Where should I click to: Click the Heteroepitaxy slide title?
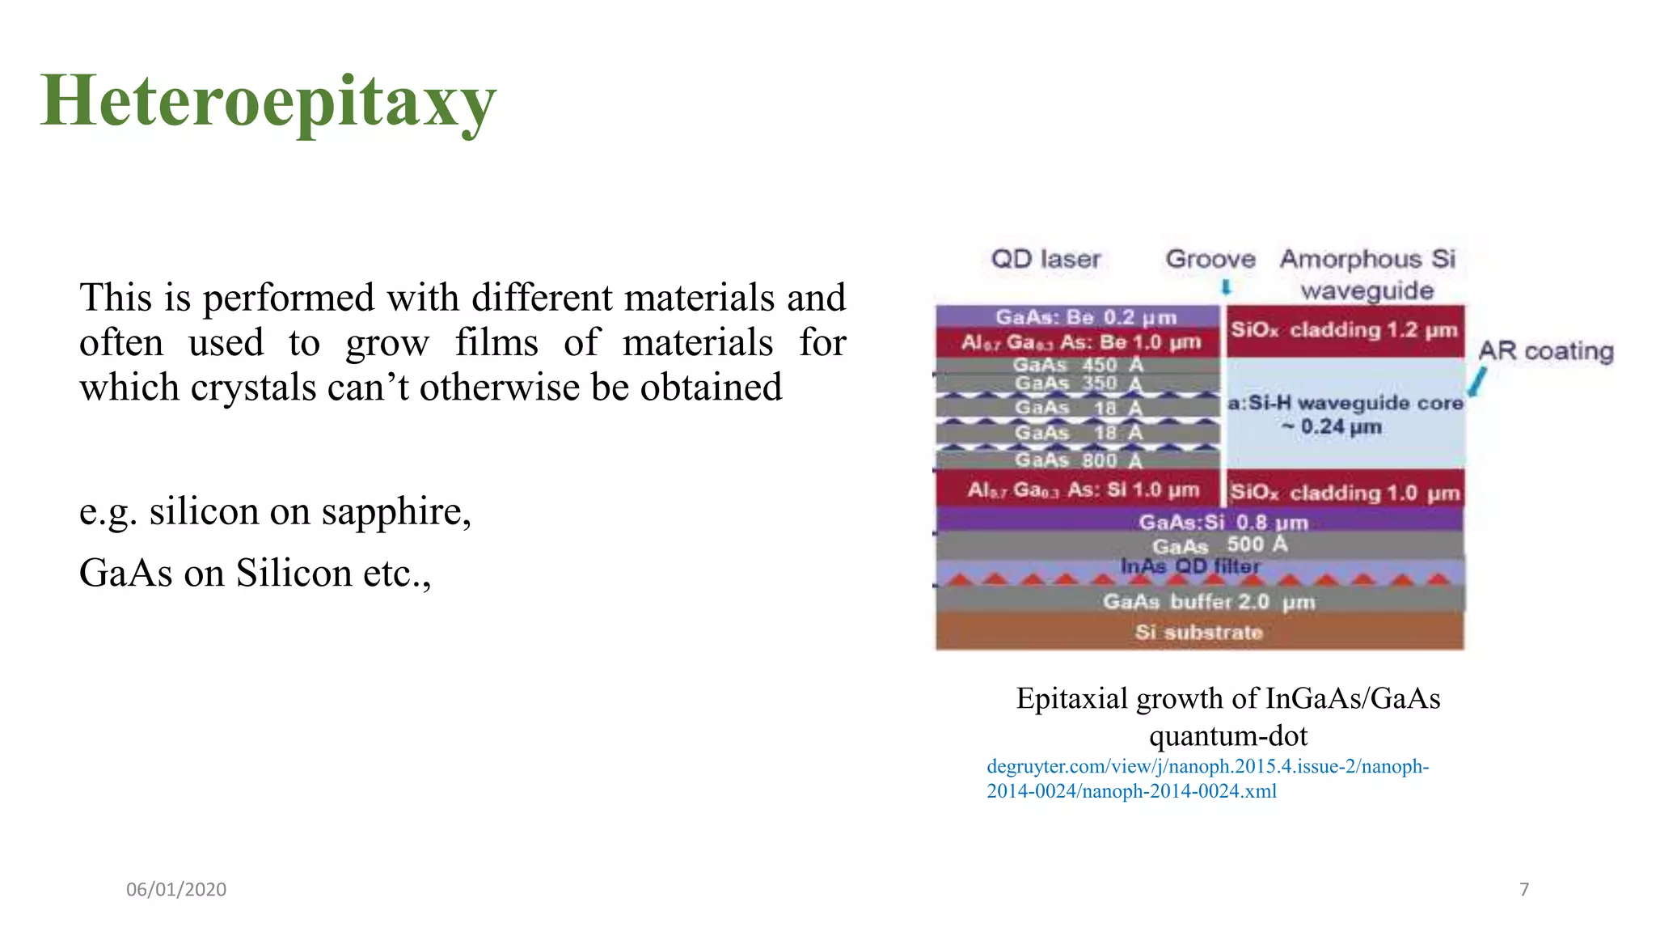pos(268,101)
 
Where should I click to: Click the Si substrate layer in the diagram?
pos(1198,632)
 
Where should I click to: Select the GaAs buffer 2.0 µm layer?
pos(1208,601)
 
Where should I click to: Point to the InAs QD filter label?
pos(1189,566)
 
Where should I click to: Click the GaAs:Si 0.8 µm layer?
pos(1223,522)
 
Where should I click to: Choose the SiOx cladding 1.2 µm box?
pos(1344,330)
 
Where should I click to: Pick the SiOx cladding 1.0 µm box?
pos(1344,492)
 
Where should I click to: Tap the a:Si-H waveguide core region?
pos(1344,413)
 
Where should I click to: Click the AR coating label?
pos(1545,351)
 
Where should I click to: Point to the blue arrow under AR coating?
pos(1476,383)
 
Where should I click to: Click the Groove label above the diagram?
pos(1210,259)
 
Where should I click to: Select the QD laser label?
pos(1046,259)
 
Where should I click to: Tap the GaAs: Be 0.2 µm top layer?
pos(1085,317)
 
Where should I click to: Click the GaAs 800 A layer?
pos(1078,460)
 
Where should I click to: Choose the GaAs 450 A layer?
pos(1078,365)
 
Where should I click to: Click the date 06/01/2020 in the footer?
pos(176,889)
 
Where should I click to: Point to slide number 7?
pos(1524,889)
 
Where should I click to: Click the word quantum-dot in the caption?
pos(1227,735)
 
